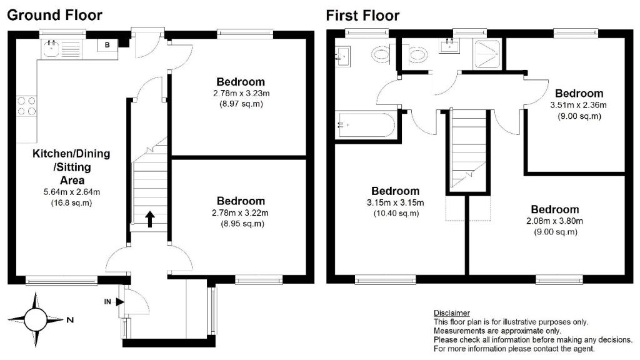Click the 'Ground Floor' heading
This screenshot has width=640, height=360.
pyautogui.click(x=54, y=15)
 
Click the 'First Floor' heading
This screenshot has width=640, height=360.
pyautogui.click(x=362, y=15)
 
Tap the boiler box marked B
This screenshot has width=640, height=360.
pyautogui.click(x=107, y=45)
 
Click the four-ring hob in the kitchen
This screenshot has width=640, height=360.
pyautogui.click(x=26, y=106)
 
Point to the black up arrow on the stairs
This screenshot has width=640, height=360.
pyautogui.click(x=150, y=218)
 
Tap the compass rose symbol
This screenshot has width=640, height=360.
pyautogui.click(x=35, y=320)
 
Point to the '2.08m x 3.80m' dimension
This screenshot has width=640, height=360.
pyautogui.click(x=554, y=221)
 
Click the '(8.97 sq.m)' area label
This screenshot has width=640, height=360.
pyautogui.click(x=241, y=104)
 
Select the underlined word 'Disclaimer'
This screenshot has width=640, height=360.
pyautogui.click(x=451, y=312)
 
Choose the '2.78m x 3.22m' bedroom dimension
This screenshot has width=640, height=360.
pyautogui.click(x=241, y=213)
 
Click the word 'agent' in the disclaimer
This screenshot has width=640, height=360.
pyautogui.click(x=582, y=349)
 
